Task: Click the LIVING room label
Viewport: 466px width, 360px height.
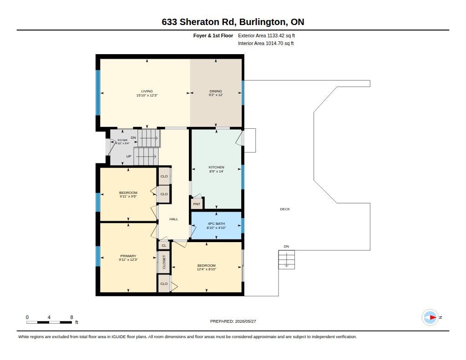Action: pyautogui.click(x=147, y=91)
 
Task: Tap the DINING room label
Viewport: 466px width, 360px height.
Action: pyautogui.click(x=216, y=91)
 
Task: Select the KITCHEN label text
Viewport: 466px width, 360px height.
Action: pyautogui.click(x=216, y=167)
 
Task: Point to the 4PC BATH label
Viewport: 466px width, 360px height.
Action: pyautogui.click(x=216, y=223)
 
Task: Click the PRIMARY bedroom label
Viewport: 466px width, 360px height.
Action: pyautogui.click(x=128, y=256)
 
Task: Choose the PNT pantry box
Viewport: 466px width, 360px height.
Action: pyautogui.click(x=197, y=204)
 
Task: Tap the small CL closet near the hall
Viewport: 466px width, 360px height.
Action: pyautogui.click(x=164, y=246)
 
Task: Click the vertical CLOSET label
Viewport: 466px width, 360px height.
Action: pyautogui.click(x=164, y=262)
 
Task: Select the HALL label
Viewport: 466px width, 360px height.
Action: pyautogui.click(x=174, y=219)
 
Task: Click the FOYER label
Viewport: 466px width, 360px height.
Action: pyautogui.click(x=122, y=140)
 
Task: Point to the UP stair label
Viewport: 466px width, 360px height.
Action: pyautogui.click(x=129, y=157)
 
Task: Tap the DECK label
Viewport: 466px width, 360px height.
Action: pyautogui.click(x=285, y=209)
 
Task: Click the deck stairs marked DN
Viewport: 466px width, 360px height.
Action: pyautogui.click(x=287, y=260)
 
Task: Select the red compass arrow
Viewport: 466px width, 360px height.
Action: pyautogui.click(x=433, y=318)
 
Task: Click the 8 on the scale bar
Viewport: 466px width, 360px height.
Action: pyautogui.click(x=71, y=317)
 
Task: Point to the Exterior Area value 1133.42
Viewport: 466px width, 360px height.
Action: pyautogui.click(x=276, y=35)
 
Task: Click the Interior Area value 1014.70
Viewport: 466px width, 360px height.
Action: pyautogui.click(x=274, y=43)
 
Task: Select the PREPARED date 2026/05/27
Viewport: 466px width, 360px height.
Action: pyautogui.click(x=245, y=321)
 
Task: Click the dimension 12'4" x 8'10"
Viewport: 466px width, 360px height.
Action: pyautogui.click(x=207, y=269)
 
